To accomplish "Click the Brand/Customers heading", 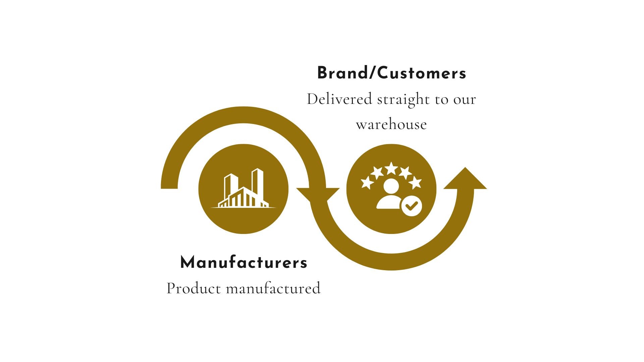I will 391,73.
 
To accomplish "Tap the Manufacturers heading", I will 244,262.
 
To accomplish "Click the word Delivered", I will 339,100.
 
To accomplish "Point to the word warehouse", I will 391,125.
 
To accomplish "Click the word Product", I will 194,288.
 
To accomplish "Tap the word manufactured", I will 273,288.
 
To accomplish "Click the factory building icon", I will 243,189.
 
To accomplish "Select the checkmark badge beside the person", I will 412,206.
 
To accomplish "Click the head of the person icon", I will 391,186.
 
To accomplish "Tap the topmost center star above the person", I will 391,168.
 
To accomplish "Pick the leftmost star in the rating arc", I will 367,183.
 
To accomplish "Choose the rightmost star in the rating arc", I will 415,183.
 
